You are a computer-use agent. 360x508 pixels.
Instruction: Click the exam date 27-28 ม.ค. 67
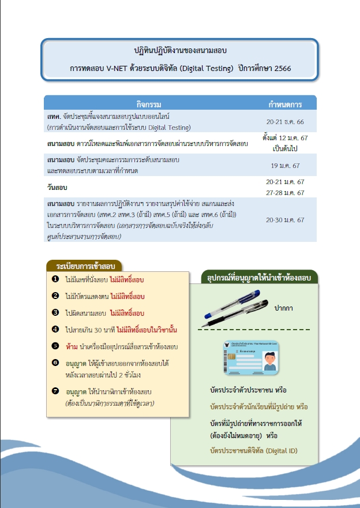285,193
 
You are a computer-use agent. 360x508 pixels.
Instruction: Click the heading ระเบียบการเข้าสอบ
86,266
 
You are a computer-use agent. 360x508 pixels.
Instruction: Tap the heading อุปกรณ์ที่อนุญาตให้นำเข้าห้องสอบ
259,278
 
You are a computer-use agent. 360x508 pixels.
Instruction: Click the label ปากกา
283,308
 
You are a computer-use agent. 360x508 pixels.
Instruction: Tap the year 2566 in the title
279,68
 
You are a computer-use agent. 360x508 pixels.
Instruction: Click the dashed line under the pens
254,330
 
